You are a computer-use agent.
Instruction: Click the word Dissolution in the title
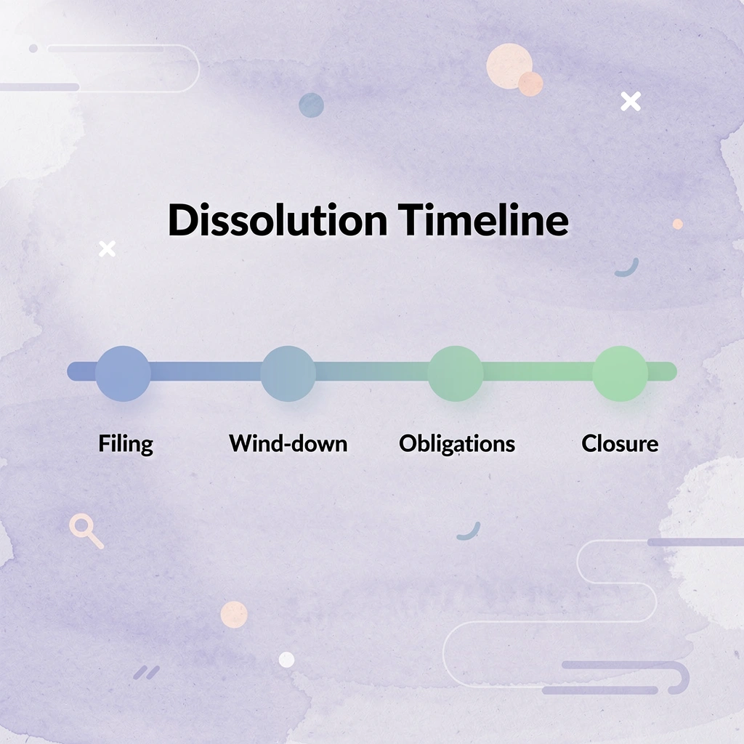tap(278, 221)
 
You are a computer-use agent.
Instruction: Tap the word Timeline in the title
tap(484, 221)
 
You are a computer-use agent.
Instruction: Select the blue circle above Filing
tap(124, 373)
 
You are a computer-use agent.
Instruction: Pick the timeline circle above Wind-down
tap(288, 373)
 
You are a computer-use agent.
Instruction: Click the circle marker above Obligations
tap(455, 373)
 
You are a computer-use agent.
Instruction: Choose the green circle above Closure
tap(620, 373)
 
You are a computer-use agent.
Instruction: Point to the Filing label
tap(126, 443)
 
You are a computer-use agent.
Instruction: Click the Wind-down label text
tap(288, 443)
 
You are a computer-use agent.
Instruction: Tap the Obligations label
tap(457, 443)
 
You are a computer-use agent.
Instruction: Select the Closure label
tap(620, 443)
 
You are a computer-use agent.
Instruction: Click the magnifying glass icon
tap(84, 530)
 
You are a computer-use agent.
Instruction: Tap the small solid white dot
tap(287, 660)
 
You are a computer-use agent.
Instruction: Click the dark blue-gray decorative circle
tap(311, 105)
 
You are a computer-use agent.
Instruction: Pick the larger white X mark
tap(631, 102)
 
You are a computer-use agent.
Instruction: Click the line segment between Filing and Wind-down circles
tap(206, 371)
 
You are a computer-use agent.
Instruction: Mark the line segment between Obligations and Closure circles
tap(538, 371)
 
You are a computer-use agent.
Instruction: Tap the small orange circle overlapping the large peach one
tap(531, 84)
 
